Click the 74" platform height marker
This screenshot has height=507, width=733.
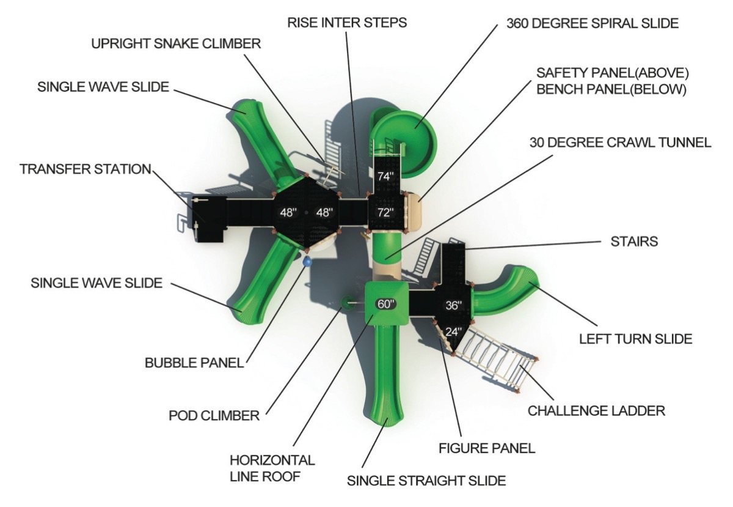(x=385, y=177)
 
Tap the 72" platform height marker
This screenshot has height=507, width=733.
(x=385, y=212)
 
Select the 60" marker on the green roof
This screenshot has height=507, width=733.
(x=386, y=304)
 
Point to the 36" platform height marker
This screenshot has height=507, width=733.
(x=453, y=305)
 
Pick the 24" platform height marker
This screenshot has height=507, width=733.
(x=453, y=332)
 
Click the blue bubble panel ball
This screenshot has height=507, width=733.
(x=307, y=262)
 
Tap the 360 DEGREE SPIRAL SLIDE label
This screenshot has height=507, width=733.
(x=593, y=23)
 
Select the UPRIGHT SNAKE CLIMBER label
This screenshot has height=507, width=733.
(x=176, y=43)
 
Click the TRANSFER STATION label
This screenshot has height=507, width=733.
(x=86, y=169)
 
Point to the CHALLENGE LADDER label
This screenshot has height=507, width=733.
(x=597, y=411)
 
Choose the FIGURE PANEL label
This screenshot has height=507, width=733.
(x=487, y=448)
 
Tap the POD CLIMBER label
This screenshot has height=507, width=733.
(x=214, y=415)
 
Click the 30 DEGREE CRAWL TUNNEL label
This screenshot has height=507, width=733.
(x=621, y=142)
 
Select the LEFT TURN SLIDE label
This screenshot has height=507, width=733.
(x=636, y=339)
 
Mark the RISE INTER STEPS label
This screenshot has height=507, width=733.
(x=347, y=23)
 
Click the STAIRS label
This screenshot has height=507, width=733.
(x=634, y=242)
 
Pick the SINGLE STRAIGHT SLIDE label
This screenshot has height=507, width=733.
(x=426, y=481)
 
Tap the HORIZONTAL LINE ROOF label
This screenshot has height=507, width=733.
(x=272, y=468)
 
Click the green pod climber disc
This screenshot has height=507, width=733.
(x=346, y=303)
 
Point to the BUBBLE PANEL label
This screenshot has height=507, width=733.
(x=194, y=363)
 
